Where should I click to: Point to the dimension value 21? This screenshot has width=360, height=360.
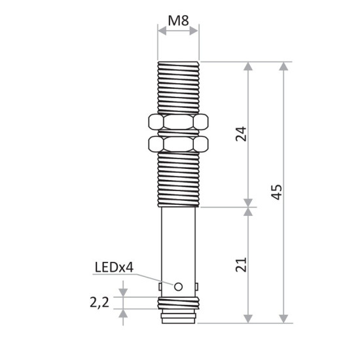(241, 264)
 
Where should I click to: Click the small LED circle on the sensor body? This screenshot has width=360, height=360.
(178, 285)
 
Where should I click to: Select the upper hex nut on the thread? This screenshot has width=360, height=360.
(178, 122)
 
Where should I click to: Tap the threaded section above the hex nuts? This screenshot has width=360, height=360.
(178, 88)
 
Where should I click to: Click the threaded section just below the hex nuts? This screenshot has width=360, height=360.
(178, 180)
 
